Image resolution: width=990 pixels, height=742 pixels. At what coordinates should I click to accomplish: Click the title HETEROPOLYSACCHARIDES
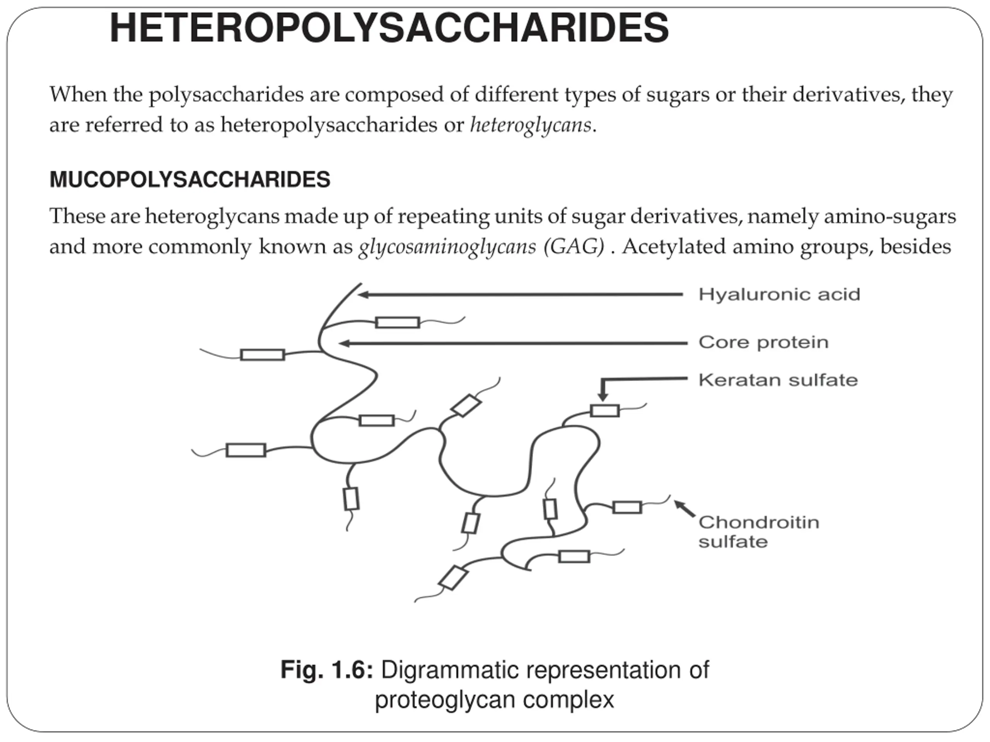pos(389,28)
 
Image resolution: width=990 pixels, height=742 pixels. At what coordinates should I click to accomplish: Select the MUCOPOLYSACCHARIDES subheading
pos(190,179)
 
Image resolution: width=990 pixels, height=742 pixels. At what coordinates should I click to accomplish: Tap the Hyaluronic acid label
pos(779,294)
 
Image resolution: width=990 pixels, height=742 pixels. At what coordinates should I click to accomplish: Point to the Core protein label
pos(763,342)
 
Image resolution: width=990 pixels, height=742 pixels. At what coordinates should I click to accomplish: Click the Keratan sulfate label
pos(778,380)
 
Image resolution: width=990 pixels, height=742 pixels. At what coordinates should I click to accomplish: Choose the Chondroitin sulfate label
pos(759,531)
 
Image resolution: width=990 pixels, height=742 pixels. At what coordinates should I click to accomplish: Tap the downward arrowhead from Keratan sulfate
pos(603,397)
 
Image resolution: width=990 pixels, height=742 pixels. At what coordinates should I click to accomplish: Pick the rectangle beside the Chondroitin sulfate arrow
pos(627,507)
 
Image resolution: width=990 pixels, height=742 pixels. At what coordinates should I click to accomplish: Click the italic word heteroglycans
pos(530,124)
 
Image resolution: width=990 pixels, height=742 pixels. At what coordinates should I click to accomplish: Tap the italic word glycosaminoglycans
pos(447,247)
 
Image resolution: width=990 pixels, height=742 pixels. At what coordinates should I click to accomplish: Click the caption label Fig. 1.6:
pos(326,670)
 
